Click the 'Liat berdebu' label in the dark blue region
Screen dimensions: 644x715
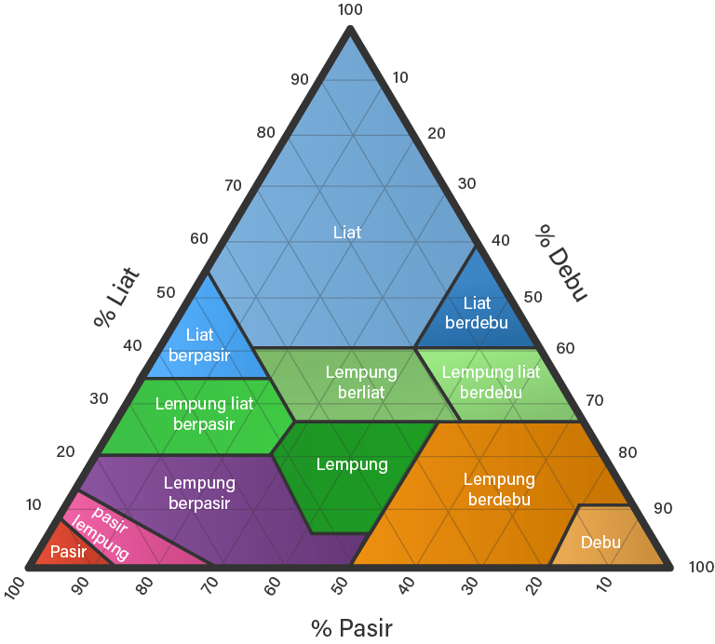(x=477, y=313)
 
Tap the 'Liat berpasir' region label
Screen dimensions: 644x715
(x=199, y=344)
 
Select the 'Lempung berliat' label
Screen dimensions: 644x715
(x=361, y=382)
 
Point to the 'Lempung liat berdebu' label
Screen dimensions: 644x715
(x=491, y=382)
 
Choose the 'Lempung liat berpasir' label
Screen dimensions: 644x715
(x=202, y=413)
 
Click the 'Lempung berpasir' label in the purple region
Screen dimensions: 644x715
(x=199, y=492)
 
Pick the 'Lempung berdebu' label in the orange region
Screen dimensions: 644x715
(x=499, y=489)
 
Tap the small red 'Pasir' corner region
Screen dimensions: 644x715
(x=68, y=551)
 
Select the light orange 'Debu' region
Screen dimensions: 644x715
(x=600, y=542)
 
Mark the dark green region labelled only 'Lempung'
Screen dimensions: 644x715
(x=352, y=463)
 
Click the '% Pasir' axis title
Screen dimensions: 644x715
(x=352, y=628)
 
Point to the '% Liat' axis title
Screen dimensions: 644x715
(x=116, y=298)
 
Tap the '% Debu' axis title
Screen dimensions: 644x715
(x=561, y=263)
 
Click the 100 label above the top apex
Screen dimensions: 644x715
(x=350, y=10)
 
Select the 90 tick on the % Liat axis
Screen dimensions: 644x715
(x=299, y=79)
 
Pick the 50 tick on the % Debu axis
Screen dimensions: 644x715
(x=533, y=297)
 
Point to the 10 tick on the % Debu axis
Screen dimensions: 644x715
(x=400, y=78)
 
